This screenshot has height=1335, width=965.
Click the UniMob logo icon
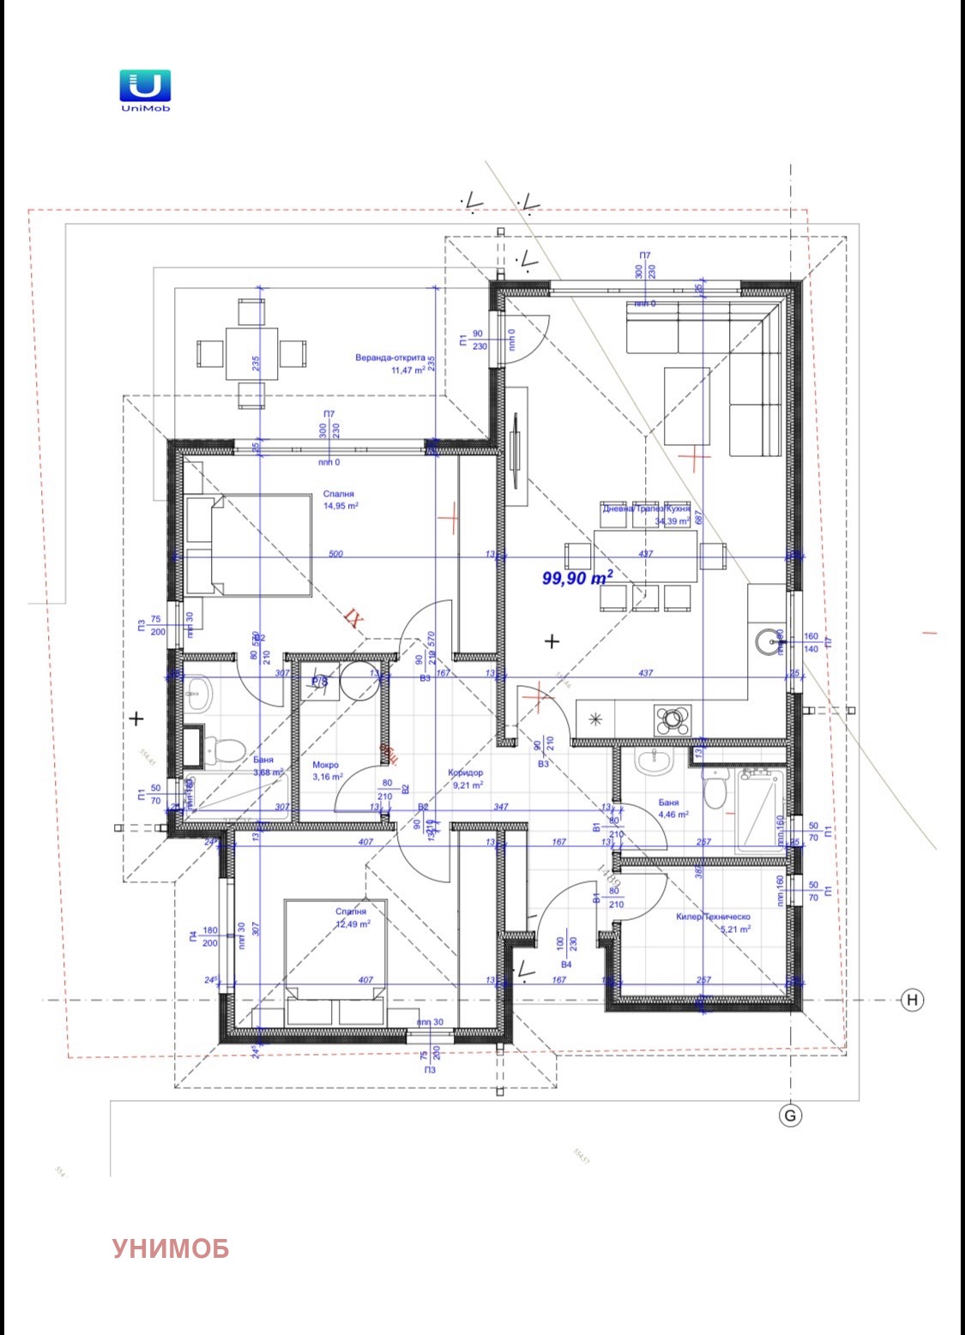point(144,86)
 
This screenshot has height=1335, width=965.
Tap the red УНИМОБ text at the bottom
point(171,1248)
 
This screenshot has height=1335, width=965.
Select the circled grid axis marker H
point(912,1000)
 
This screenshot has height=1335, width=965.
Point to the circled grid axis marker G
point(790,1116)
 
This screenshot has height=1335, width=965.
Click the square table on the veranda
point(251,352)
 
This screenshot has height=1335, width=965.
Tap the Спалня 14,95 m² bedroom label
point(340,500)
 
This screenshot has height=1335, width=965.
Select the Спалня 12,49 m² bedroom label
point(352,918)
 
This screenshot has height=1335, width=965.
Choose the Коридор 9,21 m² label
point(466,779)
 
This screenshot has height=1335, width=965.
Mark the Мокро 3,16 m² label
point(326,771)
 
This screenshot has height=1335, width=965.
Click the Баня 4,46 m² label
point(672,809)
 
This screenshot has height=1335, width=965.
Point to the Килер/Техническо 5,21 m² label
point(713,923)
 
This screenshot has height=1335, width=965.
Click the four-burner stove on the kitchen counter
point(672,719)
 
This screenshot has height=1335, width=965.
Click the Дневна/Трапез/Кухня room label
point(647,514)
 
